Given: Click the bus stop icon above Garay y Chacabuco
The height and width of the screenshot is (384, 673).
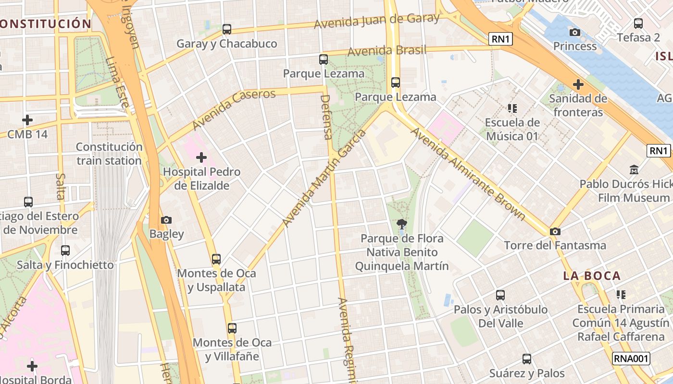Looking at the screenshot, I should pos(227,29).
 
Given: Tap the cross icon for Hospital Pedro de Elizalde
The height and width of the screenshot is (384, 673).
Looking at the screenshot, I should pos(201,157).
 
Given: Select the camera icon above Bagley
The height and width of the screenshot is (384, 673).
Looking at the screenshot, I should pos(166,220).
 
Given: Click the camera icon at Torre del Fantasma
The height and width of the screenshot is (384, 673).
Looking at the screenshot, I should pos(555,231).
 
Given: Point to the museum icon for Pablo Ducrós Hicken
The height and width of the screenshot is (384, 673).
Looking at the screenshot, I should pos(634,169).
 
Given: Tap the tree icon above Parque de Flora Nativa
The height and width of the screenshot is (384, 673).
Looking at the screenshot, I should pos(401,224).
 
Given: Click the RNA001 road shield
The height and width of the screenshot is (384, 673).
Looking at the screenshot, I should pos(631,358).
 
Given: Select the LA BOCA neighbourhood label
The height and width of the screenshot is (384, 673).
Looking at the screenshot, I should pos(592,276).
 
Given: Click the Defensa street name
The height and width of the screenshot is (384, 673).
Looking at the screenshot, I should pos(326,117).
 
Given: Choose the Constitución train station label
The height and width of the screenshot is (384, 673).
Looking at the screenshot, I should pos(109,154).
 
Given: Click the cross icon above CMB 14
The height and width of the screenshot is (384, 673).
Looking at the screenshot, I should pos(27,120).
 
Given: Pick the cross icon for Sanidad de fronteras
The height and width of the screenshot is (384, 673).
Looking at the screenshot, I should pos(578,85).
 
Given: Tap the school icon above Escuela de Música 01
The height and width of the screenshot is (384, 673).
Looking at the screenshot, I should pos(512,108).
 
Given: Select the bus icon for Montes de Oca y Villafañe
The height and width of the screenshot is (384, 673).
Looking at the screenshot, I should pos(232,328).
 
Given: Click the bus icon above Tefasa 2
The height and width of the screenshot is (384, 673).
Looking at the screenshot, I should pos(638,23).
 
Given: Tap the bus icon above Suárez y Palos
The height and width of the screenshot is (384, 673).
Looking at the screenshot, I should pos(527,359).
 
